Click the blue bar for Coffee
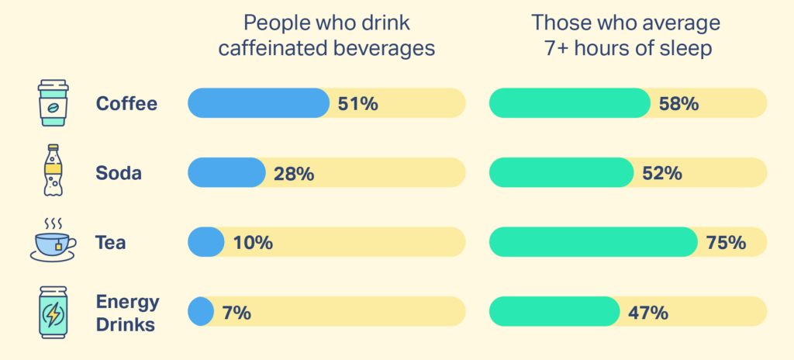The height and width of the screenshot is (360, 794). (x=258, y=103)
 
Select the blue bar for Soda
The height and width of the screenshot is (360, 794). (x=226, y=173)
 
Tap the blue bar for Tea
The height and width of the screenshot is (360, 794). (x=205, y=243)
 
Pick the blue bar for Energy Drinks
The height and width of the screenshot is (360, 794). (x=200, y=312)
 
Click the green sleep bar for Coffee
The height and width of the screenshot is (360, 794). (x=570, y=103)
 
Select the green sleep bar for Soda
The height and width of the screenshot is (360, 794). (x=561, y=173)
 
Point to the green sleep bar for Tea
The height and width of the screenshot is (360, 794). (x=593, y=243)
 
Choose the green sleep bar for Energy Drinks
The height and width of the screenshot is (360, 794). (x=554, y=312)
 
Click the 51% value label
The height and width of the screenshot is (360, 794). (x=357, y=104)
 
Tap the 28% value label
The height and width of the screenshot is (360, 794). (x=294, y=174)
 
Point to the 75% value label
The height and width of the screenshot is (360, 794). (x=726, y=243)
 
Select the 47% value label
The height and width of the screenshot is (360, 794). (x=648, y=313)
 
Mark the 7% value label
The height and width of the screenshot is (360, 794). (x=236, y=313)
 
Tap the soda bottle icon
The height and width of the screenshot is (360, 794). (x=52, y=171)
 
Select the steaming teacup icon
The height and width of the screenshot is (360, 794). (x=53, y=240)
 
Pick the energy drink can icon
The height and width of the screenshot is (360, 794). (x=52, y=312)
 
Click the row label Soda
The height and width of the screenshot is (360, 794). (x=119, y=174)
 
